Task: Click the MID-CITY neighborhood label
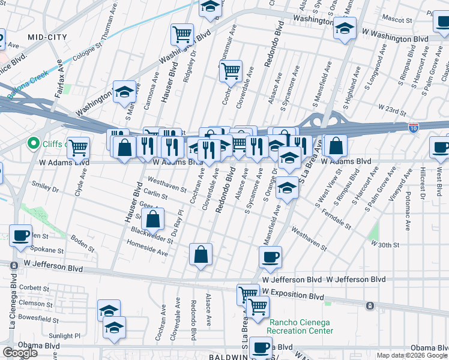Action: click(47, 37)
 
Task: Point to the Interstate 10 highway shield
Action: click(413, 127)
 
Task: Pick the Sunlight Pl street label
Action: click(64, 336)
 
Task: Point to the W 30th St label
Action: click(385, 244)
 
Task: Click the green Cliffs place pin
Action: click(34, 144)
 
